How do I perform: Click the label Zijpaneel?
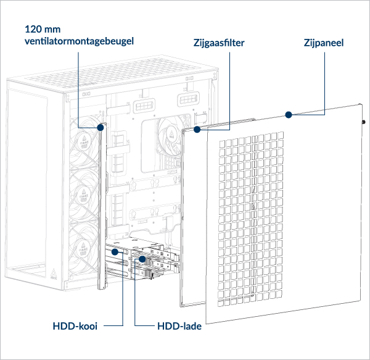coord(324,43)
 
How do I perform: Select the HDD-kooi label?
coord(75,325)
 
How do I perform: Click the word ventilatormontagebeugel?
coord(79,41)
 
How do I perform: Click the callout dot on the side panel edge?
coord(287,114)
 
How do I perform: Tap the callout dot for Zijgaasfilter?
coord(197,130)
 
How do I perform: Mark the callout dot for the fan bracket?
coord(100,127)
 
